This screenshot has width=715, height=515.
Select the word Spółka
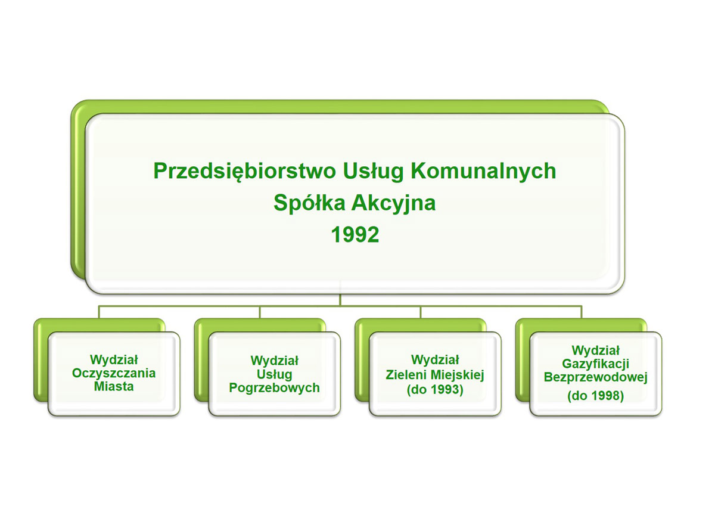[309, 203]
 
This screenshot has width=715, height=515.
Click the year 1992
[355, 235]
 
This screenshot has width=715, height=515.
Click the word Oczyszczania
[114, 373]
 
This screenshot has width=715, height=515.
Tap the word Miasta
[114, 386]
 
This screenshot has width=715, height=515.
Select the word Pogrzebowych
[275, 387]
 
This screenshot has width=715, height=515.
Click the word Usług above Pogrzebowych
[275, 374]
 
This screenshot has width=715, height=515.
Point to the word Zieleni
[408, 375]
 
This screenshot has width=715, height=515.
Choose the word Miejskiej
[459, 376]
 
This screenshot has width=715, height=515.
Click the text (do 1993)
[435, 389]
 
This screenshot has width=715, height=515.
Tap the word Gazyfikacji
[596, 364]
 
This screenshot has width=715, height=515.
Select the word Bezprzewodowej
[596, 377]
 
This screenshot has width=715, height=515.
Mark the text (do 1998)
[596, 396]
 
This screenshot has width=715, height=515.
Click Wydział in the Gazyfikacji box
[596, 350]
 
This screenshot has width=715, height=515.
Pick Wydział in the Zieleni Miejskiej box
[435, 360]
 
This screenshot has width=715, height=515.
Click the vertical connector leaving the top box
[340, 300]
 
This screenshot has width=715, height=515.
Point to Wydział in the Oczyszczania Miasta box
[114, 360]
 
